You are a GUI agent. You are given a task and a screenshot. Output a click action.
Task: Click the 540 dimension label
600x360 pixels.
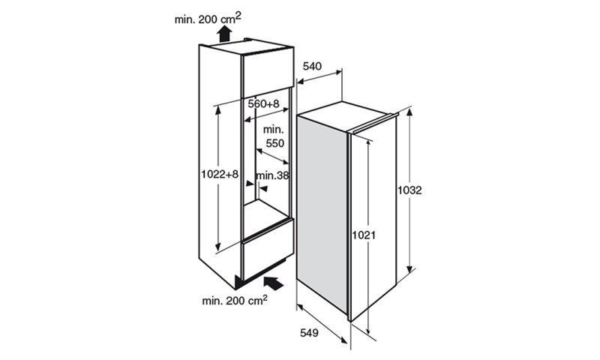[x=312, y=67]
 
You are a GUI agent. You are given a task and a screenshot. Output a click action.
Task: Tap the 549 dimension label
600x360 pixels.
[x=309, y=333]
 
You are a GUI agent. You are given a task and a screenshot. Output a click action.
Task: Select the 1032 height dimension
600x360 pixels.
[x=409, y=190]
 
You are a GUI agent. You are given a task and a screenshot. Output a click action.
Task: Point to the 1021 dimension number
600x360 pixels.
[x=364, y=235]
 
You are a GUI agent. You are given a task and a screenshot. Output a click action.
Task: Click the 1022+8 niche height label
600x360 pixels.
[x=220, y=175]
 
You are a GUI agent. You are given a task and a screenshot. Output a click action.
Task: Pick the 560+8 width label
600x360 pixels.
[x=264, y=103]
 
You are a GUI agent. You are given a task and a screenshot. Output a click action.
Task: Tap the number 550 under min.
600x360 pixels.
[x=275, y=143]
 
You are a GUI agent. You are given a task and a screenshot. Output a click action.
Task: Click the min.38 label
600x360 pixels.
[x=272, y=175]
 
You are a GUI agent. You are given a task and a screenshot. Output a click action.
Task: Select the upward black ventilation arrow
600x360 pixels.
[x=224, y=33]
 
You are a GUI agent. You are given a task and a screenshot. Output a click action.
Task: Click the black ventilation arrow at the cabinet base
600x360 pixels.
[x=273, y=283]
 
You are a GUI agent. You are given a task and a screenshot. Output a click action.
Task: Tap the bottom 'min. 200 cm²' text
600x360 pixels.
[x=235, y=299]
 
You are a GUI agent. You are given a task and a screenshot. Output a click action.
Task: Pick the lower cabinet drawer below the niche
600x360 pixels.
[x=268, y=250]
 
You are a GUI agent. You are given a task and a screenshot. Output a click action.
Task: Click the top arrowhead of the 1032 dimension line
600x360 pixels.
[x=409, y=112]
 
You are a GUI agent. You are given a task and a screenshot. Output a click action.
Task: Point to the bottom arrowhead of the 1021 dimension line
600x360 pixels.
[x=368, y=330]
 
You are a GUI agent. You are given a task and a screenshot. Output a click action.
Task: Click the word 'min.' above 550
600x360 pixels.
[x=273, y=129]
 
